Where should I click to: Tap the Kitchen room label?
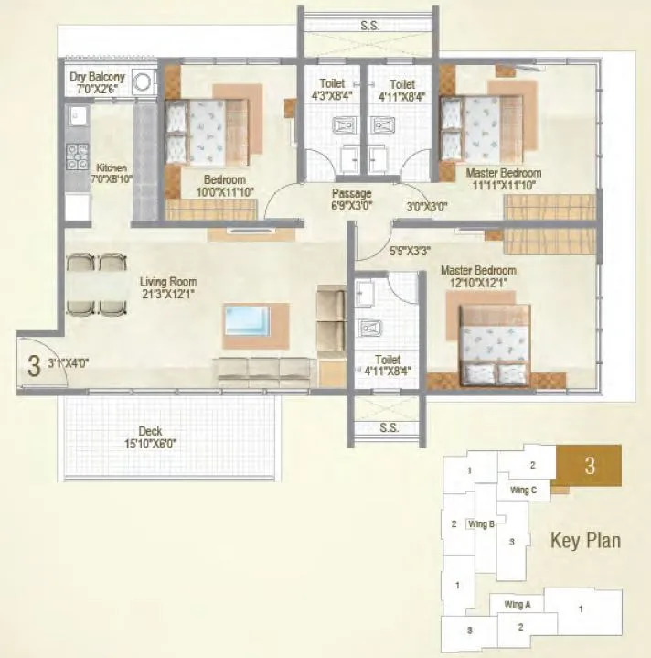(112, 168)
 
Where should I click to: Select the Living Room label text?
(168, 282)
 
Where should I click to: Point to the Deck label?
(151, 431)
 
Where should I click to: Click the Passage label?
(351, 193)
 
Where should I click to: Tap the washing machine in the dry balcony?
(144, 82)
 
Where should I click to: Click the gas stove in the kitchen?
(77, 157)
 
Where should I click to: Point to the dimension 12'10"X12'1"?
(478, 285)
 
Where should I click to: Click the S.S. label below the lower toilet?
(388, 426)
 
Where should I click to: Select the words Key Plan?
(585, 540)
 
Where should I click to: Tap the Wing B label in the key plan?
(481, 524)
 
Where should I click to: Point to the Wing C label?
(523, 490)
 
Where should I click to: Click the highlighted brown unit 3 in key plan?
(590, 465)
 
